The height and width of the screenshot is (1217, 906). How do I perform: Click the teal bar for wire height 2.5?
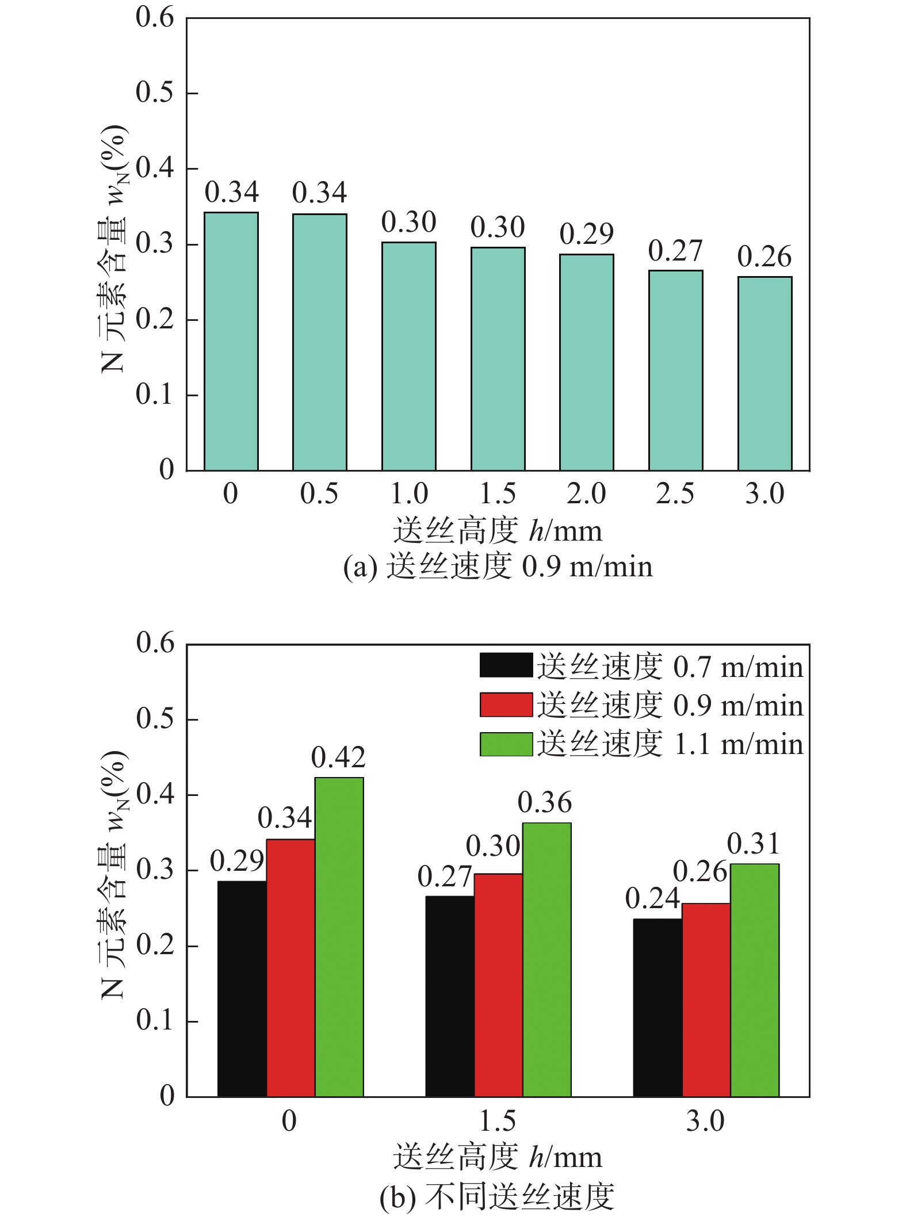click(675, 370)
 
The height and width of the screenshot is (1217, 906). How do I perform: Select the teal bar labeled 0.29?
click(586, 362)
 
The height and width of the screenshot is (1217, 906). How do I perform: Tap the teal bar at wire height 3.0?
click(764, 374)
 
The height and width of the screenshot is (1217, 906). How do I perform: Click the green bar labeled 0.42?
click(339, 937)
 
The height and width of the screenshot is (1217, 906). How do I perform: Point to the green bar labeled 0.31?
click(754, 980)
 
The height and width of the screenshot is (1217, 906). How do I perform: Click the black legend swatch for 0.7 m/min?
click(506, 665)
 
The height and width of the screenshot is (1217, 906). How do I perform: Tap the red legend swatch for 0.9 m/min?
click(506, 705)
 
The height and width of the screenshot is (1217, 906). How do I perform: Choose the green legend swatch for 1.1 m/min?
click(506, 744)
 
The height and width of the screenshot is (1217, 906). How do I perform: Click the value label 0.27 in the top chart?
click(675, 251)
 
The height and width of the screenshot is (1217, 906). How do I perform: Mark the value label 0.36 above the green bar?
click(545, 802)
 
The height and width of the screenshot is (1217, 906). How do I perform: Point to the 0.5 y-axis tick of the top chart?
click(154, 93)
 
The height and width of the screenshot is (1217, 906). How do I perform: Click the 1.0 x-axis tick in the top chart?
click(409, 494)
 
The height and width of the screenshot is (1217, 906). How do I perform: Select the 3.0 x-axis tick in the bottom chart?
click(705, 1122)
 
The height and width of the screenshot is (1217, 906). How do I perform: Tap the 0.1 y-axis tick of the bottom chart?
click(155, 1021)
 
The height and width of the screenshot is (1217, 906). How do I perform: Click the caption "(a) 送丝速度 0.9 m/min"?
click(498, 567)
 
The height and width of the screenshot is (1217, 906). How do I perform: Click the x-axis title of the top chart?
click(498, 531)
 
